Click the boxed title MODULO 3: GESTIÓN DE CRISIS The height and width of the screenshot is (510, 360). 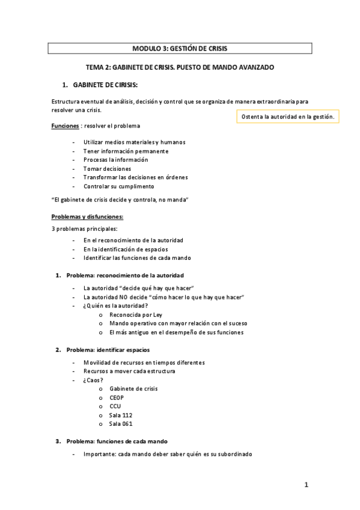click(x=180, y=48)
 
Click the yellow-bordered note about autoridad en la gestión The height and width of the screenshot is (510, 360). click(x=287, y=115)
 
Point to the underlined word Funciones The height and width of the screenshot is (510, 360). click(x=65, y=126)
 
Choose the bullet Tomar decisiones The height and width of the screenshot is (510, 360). click(x=107, y=168)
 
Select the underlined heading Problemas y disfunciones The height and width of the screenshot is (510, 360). click(x=88, y=216)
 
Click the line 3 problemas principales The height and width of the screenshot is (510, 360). click(x=85, y=229)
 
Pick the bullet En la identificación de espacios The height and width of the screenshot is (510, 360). click(x=126, y=249)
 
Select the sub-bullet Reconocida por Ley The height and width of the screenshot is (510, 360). click(x=136, y=315)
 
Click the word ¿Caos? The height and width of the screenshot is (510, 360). click(x=93, y=380)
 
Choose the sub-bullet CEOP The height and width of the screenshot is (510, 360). click(x=117, y=398)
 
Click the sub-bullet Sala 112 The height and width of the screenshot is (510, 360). click(x=121, y=415)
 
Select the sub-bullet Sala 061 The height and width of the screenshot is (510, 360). click(x=121, y=423)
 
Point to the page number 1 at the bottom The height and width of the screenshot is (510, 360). click(x=306, y=485)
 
